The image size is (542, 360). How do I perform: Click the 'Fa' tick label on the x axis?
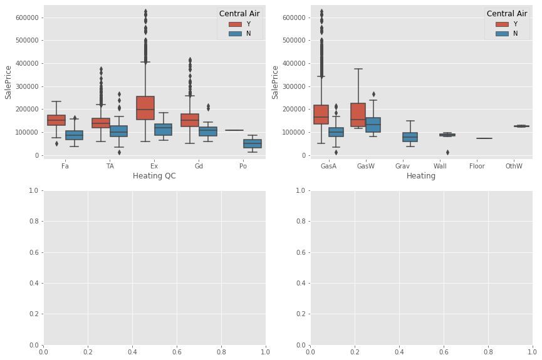pos(65,167)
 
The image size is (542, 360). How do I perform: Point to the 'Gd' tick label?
pos(199,167)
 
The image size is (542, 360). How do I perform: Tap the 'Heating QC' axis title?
pos(154,177)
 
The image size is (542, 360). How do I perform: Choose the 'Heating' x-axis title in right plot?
pos(422,177)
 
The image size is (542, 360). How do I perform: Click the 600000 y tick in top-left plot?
pos(24,18)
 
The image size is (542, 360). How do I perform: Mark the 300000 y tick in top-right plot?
pos(291,86)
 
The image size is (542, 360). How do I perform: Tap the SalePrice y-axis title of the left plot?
pos(9,81)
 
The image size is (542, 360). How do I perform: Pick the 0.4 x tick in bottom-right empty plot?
pos(399,352)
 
